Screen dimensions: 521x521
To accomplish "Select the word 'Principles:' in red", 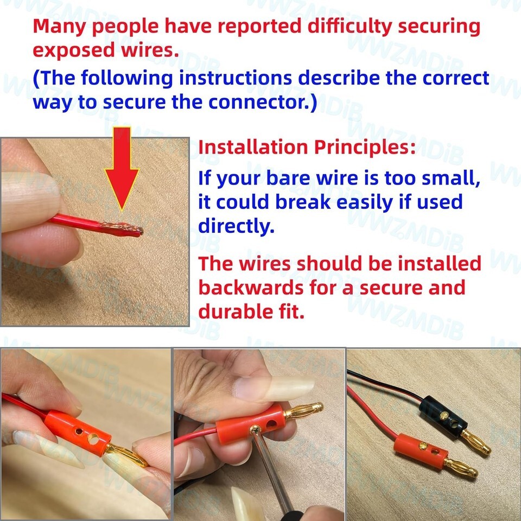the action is (365, 148).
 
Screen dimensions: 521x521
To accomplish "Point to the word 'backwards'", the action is (251, 288).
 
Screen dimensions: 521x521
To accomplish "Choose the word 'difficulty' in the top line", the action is (350, 27).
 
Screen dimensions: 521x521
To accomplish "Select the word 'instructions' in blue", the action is (235, 78).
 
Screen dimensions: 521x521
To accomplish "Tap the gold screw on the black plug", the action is (444, 415).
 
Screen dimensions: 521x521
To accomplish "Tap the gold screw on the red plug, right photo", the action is (423, 446).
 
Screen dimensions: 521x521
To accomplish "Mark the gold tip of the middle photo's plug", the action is (303, 410).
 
